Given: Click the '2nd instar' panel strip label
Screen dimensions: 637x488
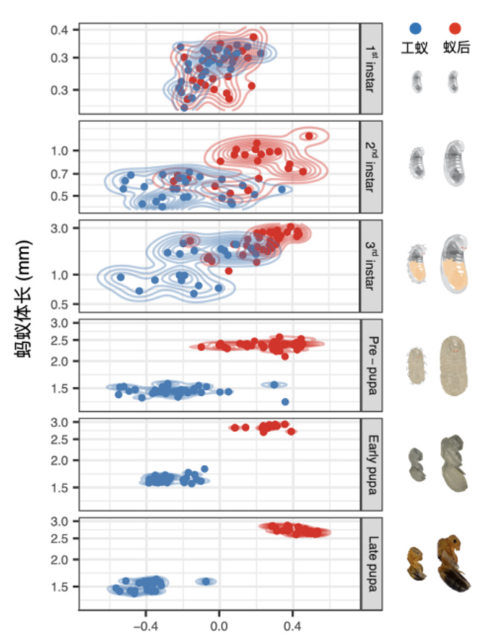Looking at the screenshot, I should pyautogui.click(x=371, y=166).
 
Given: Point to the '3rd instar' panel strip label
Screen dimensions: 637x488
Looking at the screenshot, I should pyautogui.click(x=371, y=266).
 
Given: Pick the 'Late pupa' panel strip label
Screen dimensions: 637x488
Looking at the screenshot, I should pyautogui.click(x=371, y=562).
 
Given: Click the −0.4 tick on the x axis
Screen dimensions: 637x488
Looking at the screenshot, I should pyautogui.click(x=146, y=622).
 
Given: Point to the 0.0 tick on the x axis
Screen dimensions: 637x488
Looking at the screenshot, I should pyautogui.click(x=219, y=622).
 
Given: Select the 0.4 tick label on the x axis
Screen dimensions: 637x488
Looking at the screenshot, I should pyautogui.click(x=293, y=622).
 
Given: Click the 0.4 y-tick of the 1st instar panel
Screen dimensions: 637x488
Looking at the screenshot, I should pyautogui.click(x=60, y=30).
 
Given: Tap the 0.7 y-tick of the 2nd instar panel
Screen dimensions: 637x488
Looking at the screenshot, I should pyautogui.click(x=60, y=174).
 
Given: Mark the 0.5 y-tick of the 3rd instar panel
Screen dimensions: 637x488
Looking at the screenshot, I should pyautogui.click(x=60, y=304).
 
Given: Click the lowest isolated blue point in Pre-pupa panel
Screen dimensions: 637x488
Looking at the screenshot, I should pyautogui.click(x=285, y=402).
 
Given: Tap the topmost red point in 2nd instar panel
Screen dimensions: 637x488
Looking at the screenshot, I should pyautogui.click(x=309, y=135).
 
